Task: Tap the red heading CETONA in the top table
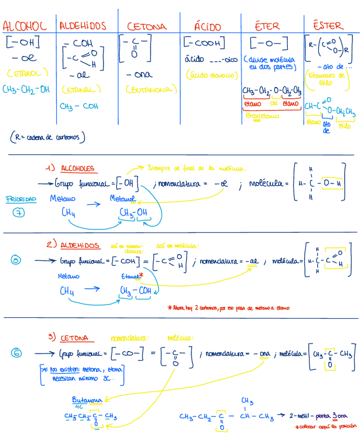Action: [x=146, y=26]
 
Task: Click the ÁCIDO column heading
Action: [x=207, y=26]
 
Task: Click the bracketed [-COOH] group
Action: [x=204, y=43]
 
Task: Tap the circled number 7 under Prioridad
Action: [x=19, y=213]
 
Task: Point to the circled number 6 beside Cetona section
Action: [x=17, y=353]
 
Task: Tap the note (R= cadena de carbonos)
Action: [x=47, y=138]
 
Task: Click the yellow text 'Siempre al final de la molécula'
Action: [x=197, y=168]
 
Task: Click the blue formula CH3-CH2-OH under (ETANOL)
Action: [x=27, y=89]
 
